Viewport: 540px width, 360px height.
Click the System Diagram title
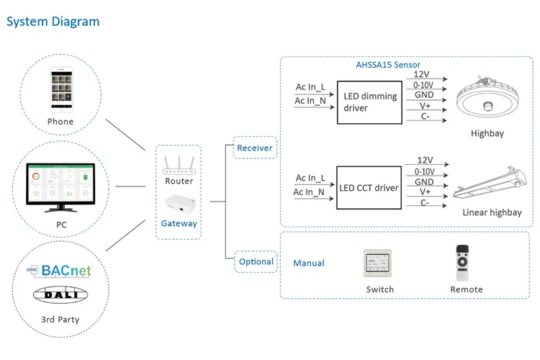pos(53,22)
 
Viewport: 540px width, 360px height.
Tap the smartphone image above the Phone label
pos(62,89)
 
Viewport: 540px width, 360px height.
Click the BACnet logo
pos(59,271)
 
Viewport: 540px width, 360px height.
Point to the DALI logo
pos(60,294)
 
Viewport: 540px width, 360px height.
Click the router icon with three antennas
pos(179,166)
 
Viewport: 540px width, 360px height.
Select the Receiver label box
pos(255,148)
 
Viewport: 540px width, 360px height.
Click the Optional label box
pos(256,262)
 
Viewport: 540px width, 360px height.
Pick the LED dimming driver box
pos(369,102)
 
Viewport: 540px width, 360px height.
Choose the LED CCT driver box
pos(369,188)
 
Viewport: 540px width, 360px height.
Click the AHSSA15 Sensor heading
pos(388,65)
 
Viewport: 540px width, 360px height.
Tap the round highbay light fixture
pos(487,97)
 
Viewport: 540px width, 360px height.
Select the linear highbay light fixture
pos(490,183)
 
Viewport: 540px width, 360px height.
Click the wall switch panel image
pos(377,264)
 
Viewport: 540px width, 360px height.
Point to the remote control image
pos(462,263)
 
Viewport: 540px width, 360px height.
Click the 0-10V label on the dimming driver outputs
pos(423,85)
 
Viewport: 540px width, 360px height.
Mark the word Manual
pos(309,264)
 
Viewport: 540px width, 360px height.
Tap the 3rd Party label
pos(60,320)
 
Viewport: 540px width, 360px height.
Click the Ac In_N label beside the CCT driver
pos(309,192)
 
